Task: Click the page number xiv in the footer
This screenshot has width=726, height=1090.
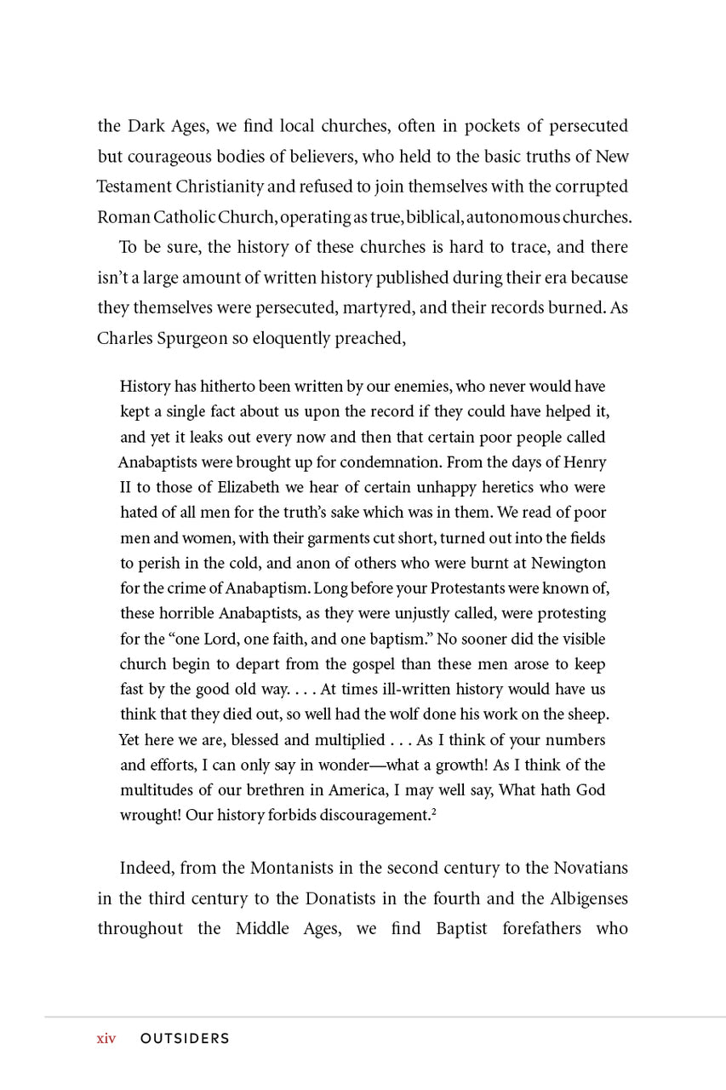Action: [106, 1039]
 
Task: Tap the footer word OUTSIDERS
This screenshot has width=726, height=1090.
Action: [185, 1039]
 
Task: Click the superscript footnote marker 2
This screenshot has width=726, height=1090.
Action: [433, 812]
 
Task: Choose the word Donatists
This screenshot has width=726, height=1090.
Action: [355, 898]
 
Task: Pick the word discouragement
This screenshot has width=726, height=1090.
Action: [369, 816]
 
